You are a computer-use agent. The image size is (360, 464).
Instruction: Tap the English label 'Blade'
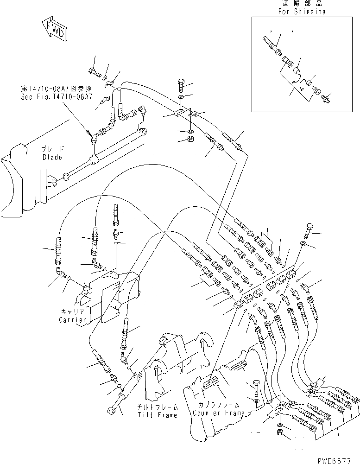point(50,157)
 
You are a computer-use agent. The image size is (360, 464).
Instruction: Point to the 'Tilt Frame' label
point(157,415)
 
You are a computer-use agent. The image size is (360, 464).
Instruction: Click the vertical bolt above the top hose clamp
point(181,86)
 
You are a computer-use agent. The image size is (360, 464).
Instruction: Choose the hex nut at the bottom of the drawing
point(280,432)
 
